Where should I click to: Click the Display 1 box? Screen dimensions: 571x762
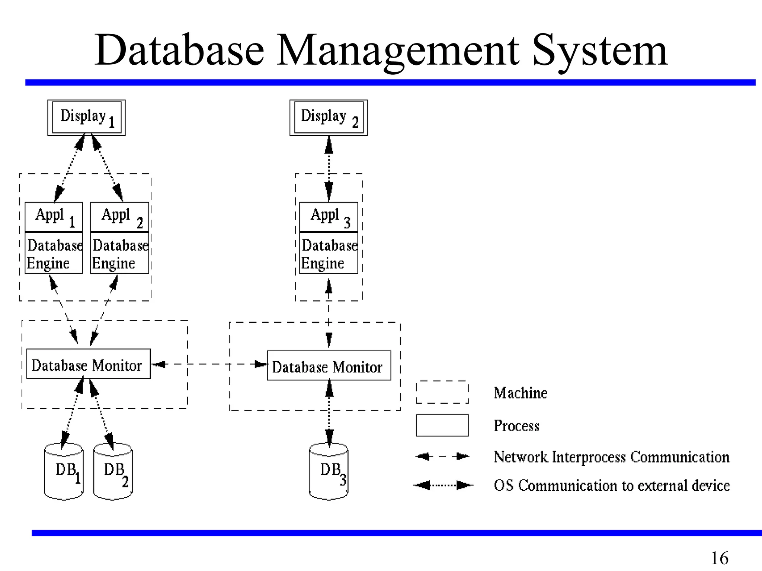(86, 117)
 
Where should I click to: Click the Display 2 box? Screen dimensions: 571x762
(329, 117)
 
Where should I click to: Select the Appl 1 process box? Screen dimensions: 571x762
(54, 217)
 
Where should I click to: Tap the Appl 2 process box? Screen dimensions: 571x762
(119, 217)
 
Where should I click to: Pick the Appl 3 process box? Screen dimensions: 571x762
(329, 217)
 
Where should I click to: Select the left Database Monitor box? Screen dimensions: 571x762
(89, 364)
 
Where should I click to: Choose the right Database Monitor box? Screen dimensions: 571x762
(329, 365)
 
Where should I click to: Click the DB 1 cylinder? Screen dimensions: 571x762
(64, 471)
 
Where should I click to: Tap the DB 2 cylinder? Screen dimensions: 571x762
(113, 471)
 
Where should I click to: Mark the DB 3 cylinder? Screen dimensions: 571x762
(329, 471)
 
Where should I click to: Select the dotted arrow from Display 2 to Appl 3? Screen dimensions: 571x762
(329, 169)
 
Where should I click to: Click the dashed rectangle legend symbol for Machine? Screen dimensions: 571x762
(442, 392)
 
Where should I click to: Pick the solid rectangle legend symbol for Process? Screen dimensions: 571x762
(442, 425)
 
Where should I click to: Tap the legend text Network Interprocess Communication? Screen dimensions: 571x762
(611, 457)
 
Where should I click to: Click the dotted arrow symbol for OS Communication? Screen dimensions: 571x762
(443, 485)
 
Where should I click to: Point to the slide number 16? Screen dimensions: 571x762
(719, 558)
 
